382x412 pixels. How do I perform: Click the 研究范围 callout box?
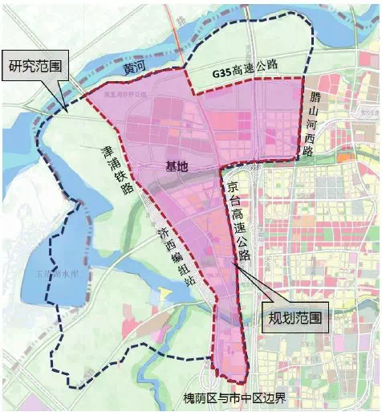tap(35, 64)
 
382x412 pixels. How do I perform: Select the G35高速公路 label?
tap(245, 68)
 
